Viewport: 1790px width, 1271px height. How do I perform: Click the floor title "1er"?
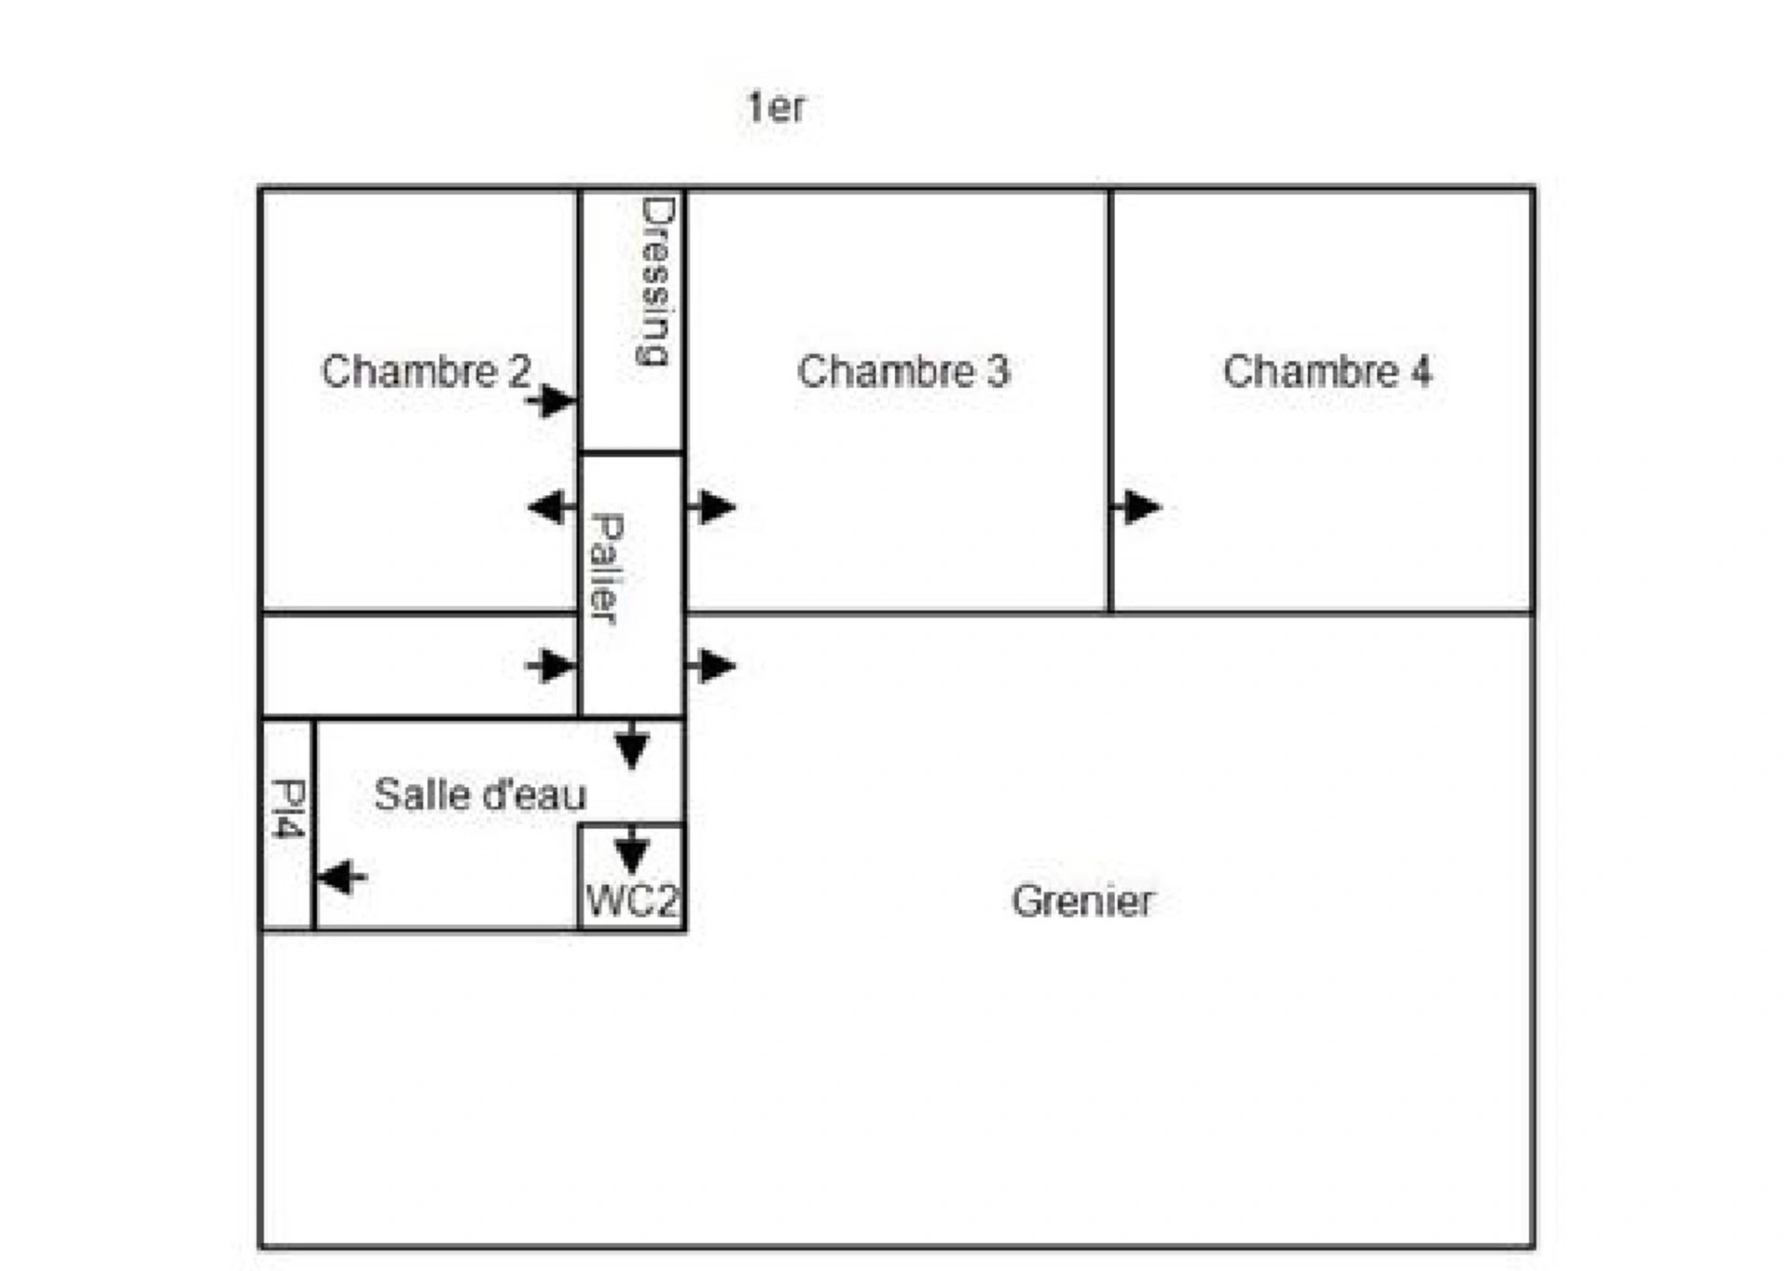pyautogui.click(x=776, y=107)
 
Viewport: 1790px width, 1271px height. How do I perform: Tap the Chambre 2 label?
pyautogui.click(x=426, y=371)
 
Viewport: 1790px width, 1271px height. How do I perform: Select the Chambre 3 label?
pyautogui.click(x=903, y=371)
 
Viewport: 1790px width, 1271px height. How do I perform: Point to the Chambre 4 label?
pyautogui.click(x=1327, y=371)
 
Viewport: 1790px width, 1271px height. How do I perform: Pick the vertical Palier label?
pyautogui.click(x=606, y=569)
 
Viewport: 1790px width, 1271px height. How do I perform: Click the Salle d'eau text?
pyautogui.click(x=480, y=794)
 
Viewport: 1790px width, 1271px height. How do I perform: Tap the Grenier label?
pyautogui.click(x=1082, y=901)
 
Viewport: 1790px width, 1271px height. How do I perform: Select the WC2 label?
pyautogui.click(x=632, y=901)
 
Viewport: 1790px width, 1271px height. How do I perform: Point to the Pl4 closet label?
pyautogui.click(x=288, y=808)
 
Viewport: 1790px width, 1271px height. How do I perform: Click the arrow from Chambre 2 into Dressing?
pyautogui.click(x=551, y=401)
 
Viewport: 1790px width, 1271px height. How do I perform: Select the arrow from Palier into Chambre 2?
pyautogui.click(x=552, y=507)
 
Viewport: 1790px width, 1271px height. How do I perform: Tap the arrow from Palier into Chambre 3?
pyautogui.click(x=711, y=507)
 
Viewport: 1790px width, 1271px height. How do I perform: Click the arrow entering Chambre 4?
pyautogui.click(x=1136, y=507)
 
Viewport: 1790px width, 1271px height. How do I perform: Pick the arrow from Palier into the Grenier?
pyautogui.click(x=711, y=667)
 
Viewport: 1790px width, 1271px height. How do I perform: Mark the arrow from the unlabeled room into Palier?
pyautogui.click(x=551, y=667)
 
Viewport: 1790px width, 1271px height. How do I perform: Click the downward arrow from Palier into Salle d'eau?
pyautogui.click(x=632, y=745)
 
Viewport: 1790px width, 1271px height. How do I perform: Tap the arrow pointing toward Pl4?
pyautogui.click(x=342, y=877)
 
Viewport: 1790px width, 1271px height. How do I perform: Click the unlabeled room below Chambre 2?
pyautogui.click(x=420, y=666)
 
